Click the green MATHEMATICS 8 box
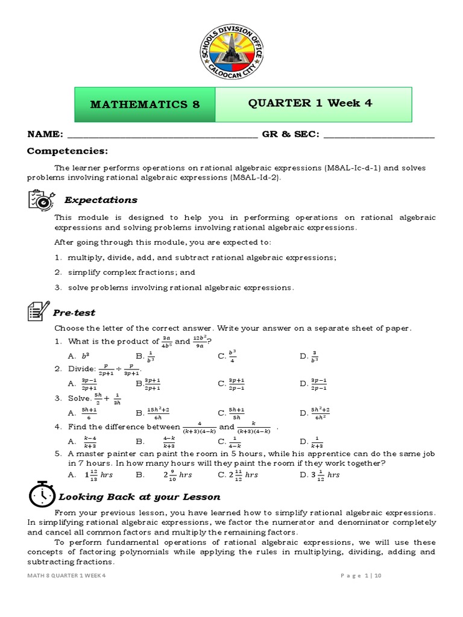pyautogui.click(x=144, y=104)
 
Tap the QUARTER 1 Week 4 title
pyautogui.click(x=310, y=103)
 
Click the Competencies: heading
pyautogui.click(x=67, y=151)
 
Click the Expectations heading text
pyautogui.click(x=101, y=200)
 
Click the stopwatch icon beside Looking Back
pyautogui.click(x=41, y=496)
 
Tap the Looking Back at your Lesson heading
pyautogui.click(x=139, y=497)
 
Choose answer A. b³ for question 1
pyautogui.click(x=79, y=357)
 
